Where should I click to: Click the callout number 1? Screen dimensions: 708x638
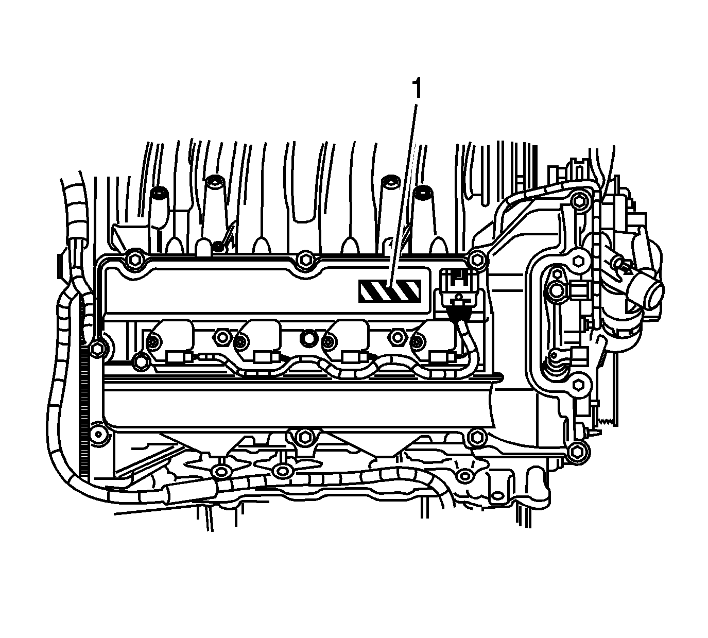click(x=417, y=89)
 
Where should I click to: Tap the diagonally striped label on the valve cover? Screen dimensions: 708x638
click(x=390, y=291)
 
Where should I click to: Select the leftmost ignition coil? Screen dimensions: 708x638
click(x=171, y=342)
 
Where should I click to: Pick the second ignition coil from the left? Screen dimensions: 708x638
click(x=258, y=342)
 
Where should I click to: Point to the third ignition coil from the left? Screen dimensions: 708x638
click(x=347, y=342)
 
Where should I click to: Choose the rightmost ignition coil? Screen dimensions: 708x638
click(x=435, y=342)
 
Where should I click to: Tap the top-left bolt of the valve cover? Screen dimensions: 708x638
click(x=134, y=260)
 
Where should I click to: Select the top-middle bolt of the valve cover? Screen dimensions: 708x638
click(x=304, y=260)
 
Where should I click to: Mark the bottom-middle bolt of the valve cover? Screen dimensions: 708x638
click(x=303, y=437)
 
